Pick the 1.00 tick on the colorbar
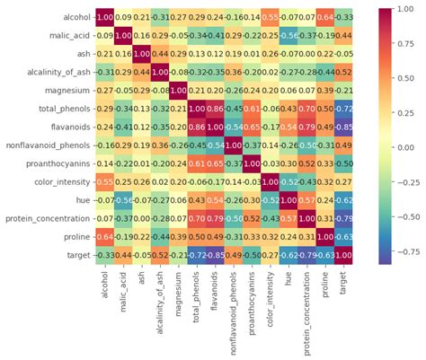(x=402, y=12)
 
